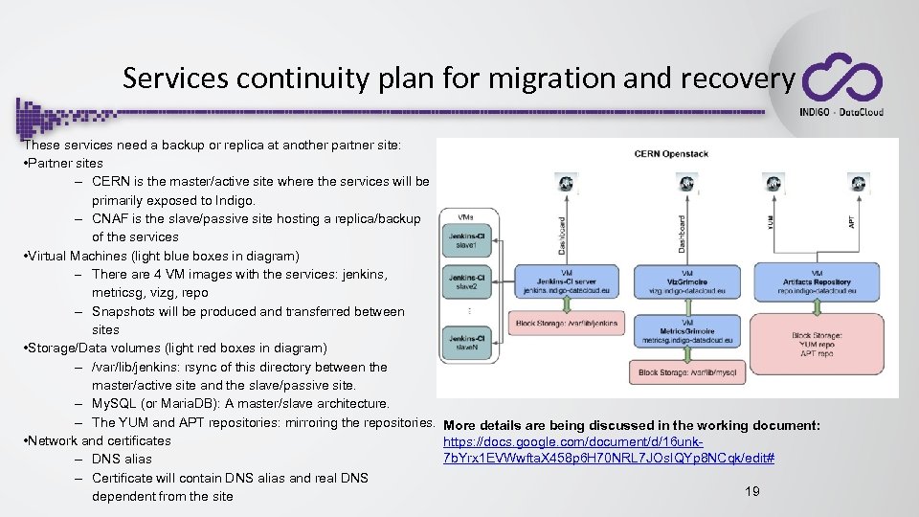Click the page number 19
pos(752,491)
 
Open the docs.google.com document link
pos(609,450)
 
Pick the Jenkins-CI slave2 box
pos(465,282)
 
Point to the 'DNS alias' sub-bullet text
pos(122,460)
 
